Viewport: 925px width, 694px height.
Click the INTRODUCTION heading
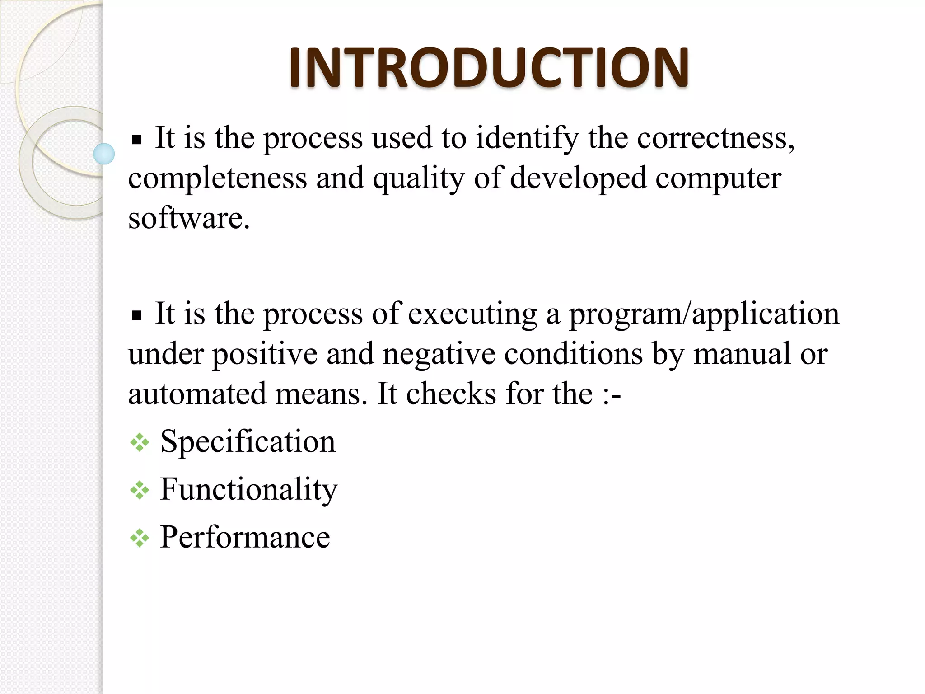(x=489, y=68)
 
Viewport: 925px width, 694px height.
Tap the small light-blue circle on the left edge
(x=104, y=154)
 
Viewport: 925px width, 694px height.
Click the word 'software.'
(x=189, y=218)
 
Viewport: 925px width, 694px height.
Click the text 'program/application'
(x=704, y=314)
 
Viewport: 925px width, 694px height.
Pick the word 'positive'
(x=265, y=354)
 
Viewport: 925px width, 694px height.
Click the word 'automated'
(x=197, y=394)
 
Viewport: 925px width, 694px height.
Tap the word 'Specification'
(x=248, y=441)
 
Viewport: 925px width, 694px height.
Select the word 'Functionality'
(x=249, y=490)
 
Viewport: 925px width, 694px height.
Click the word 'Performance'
(x=245, y=537)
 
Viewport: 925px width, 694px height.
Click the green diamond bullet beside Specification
(x=140, y=443)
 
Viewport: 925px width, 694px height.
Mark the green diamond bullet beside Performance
(x=140, y=539)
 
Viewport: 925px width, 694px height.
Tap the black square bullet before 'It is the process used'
(x=136, y=140)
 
